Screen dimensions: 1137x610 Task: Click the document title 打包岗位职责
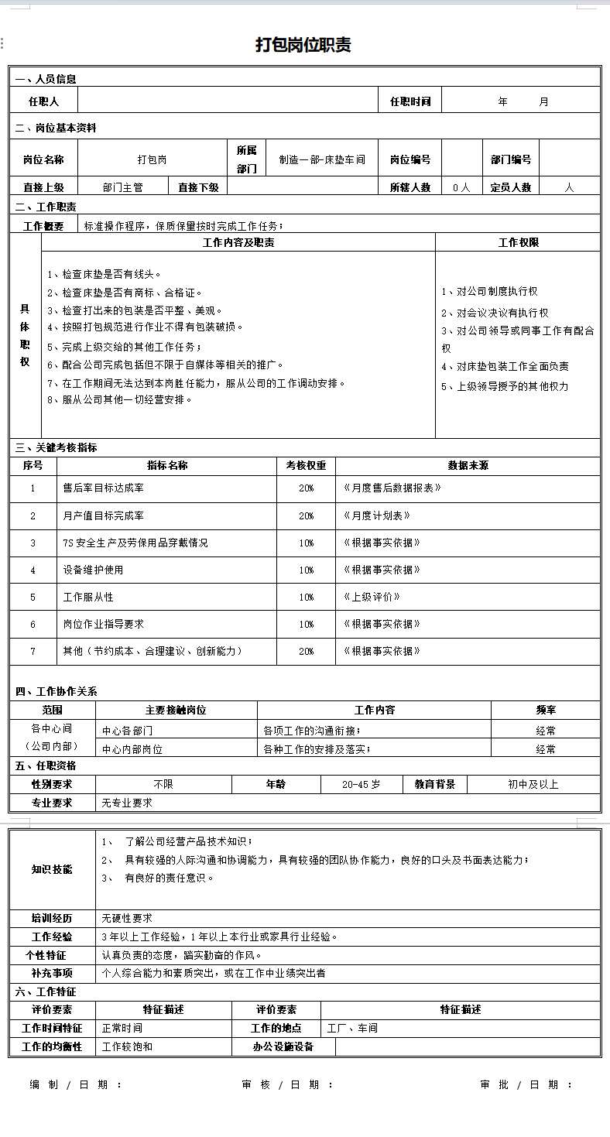click(303, 45)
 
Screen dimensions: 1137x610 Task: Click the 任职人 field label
click(43, 101)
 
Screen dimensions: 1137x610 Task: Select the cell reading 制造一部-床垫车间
click(322, 159)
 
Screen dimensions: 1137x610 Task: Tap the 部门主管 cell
click(123, 187)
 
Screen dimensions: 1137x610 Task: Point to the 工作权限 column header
click(518, 242)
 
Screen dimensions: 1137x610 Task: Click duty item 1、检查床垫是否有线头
click(105, 274)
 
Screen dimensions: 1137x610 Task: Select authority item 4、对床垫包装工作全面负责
click(505, 367)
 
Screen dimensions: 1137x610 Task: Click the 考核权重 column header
click(306, 466)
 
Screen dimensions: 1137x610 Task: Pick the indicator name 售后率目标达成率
click(103, 488)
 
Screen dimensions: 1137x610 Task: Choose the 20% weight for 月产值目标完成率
click(307, 515)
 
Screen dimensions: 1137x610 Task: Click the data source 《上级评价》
click(372, 597)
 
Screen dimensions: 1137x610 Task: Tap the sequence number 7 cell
click(33, 651)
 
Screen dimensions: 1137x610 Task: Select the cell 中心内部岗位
click(132, 749)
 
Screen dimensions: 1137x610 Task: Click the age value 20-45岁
click(362, 784)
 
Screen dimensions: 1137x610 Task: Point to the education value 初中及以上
click(533, 784)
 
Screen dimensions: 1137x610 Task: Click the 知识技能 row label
click(52, 869)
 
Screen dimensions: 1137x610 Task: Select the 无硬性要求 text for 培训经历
click(128, 918)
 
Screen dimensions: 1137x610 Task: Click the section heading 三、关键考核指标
click(57, 447)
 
